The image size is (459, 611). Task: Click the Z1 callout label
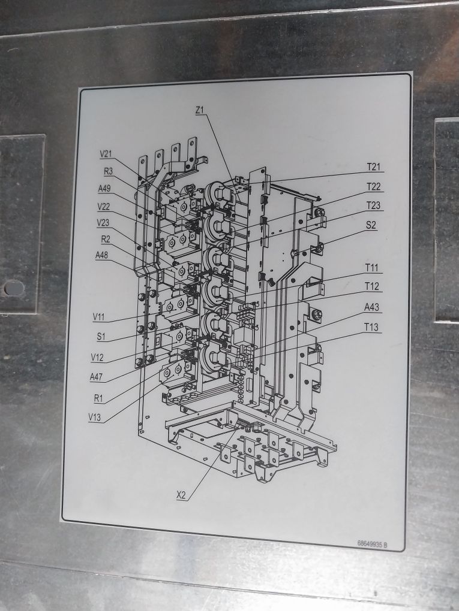(200, 110)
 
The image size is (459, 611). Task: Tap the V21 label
(106, 154)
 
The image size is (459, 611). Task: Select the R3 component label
(109, 171)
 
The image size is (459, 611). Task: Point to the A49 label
(105, 189)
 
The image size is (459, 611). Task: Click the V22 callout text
(104, 207)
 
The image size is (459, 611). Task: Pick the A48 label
(102, 255)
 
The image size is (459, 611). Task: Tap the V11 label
(100, 316)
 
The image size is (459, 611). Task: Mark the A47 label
(97, 377)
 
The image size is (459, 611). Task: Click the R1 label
(100, 397)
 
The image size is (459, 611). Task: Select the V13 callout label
(95, 417)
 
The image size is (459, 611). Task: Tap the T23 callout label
(373, 205)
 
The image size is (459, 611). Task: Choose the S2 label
(371, 225)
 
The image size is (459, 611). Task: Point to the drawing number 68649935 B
(372, 544)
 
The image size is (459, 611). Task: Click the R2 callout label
(106, 239)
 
